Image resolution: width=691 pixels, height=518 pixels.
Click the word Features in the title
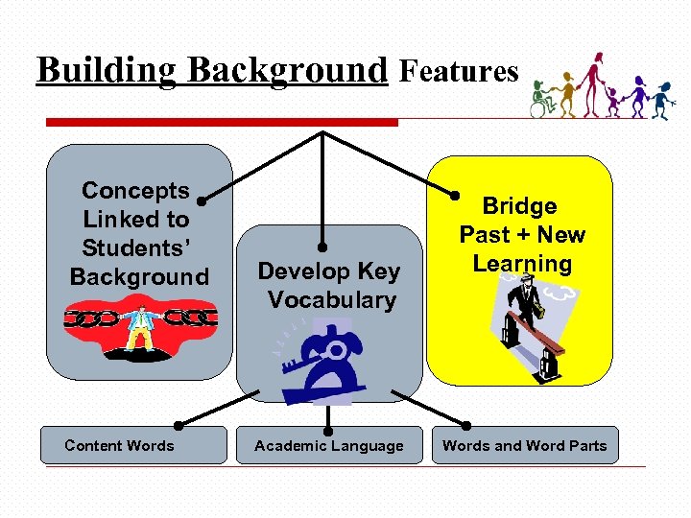[x=459, y=70]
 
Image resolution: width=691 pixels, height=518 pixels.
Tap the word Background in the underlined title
[x=287, y=70]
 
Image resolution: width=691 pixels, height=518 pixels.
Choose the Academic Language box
[x=329, y=445]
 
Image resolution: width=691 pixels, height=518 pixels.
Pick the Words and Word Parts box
[x=524, y=445]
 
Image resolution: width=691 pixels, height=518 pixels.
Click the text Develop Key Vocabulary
[x=329, y=286]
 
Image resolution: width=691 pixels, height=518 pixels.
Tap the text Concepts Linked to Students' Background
[x=139, y=234]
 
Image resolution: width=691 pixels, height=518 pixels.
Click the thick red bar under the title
[x=222, y=122]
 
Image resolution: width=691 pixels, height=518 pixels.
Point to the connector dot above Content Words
[x=179, y=424]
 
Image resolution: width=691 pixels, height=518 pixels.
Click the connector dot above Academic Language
[x=328, y=424]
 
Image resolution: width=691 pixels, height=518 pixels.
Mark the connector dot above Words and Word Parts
[x=467, y=424]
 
